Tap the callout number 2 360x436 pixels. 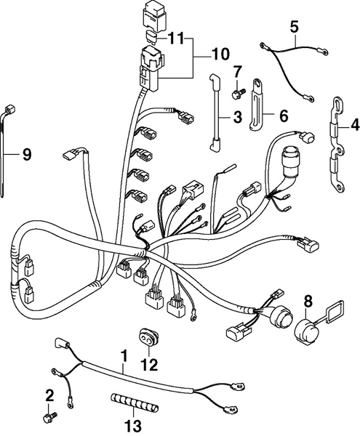49,395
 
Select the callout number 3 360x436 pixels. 237,116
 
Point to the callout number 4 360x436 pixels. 354,124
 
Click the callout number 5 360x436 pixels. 294,27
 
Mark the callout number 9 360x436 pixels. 27,153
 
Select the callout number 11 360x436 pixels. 177,38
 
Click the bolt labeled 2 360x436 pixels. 50,418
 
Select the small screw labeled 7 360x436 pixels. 236,92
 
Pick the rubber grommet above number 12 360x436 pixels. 149,338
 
